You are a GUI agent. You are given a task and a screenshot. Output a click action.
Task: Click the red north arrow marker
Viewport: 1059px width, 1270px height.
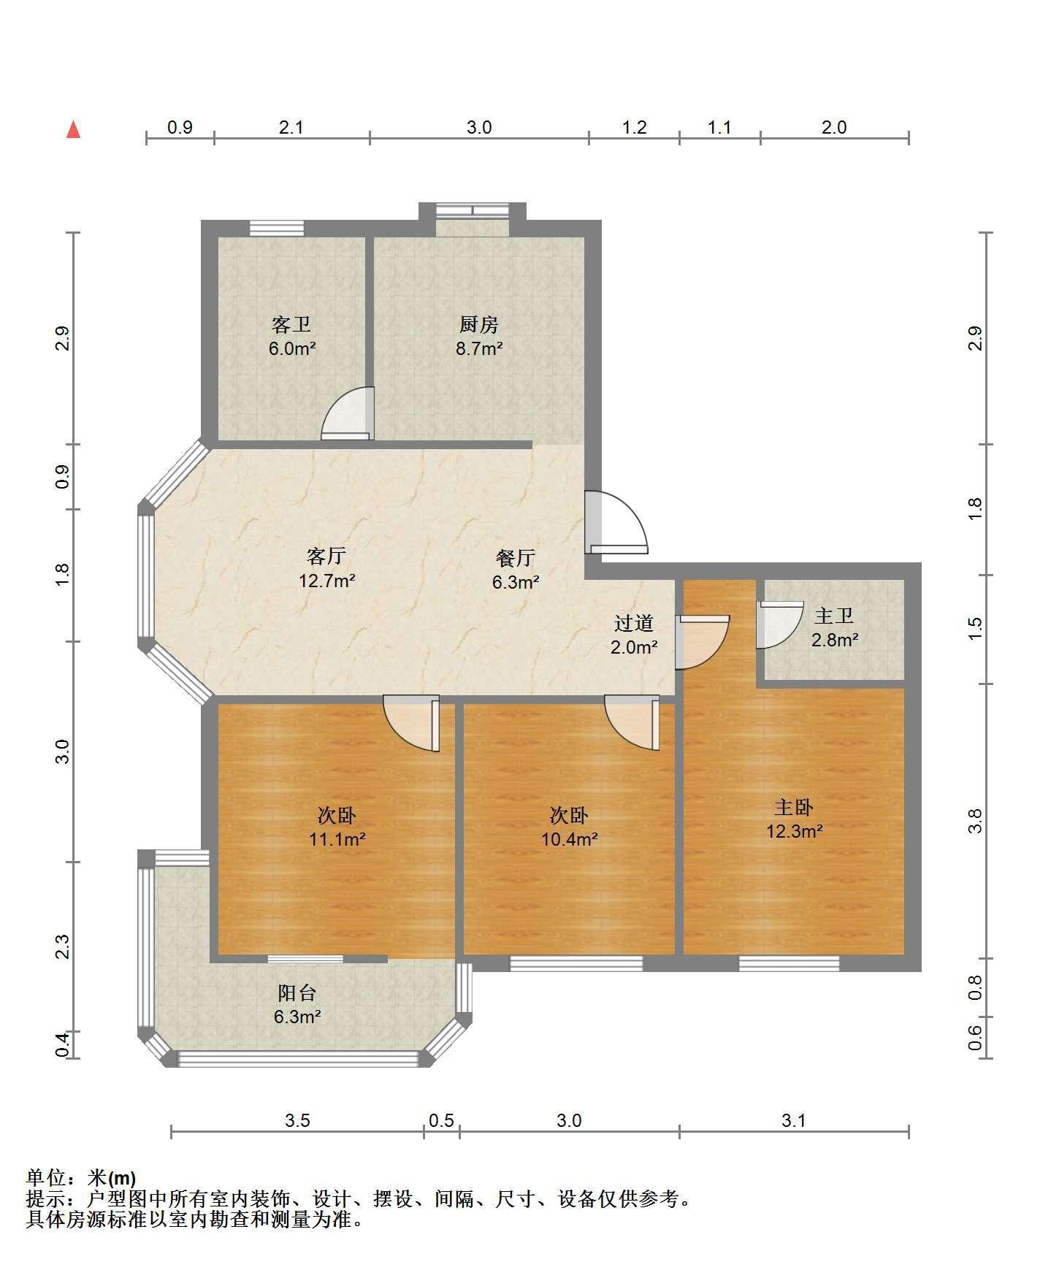click(x=73, y=129)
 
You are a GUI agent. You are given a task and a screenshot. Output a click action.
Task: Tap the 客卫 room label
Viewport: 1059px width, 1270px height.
click(x=291, y=324)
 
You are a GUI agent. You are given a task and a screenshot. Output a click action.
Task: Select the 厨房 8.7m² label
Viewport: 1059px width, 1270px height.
click(x=479, y=336)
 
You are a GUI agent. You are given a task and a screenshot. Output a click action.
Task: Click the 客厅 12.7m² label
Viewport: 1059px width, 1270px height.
click(x=326, y=568)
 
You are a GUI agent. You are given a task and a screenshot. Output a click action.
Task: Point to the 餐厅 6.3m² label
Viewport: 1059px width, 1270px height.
click(x=516, y=570)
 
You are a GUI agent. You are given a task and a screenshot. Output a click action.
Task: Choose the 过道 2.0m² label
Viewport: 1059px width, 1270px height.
click(x=634, y=635)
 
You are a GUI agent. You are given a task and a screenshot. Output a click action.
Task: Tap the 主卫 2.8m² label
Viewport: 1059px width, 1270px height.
click(x=834, y=628)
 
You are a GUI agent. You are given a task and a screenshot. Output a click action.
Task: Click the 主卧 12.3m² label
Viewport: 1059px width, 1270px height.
click(x=794, y=819)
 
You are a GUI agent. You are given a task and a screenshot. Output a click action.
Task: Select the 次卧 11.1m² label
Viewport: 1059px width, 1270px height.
click(x=337, y=827)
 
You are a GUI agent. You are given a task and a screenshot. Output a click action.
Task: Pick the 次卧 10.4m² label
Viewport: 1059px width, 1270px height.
click(x=569, y=827)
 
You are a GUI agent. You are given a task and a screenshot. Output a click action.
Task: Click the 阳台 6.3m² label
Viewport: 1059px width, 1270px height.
click(x=297, y=1004)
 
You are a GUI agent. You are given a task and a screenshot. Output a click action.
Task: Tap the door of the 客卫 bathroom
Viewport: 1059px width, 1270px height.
click(x=348, y=414)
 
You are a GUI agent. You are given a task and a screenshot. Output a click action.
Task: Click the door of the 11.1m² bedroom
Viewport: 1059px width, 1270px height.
click(x=411, y=724)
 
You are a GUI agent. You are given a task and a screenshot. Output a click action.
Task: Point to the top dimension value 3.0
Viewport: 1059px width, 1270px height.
click(x=479, y=128)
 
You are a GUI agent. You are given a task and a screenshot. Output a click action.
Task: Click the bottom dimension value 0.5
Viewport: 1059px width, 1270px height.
click(x=441, y=1120)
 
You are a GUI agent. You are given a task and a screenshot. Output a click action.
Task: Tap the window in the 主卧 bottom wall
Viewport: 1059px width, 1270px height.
click(x=789, y=964)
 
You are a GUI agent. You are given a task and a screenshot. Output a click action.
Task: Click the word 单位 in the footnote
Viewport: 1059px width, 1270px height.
click(x=45, y=1178)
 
